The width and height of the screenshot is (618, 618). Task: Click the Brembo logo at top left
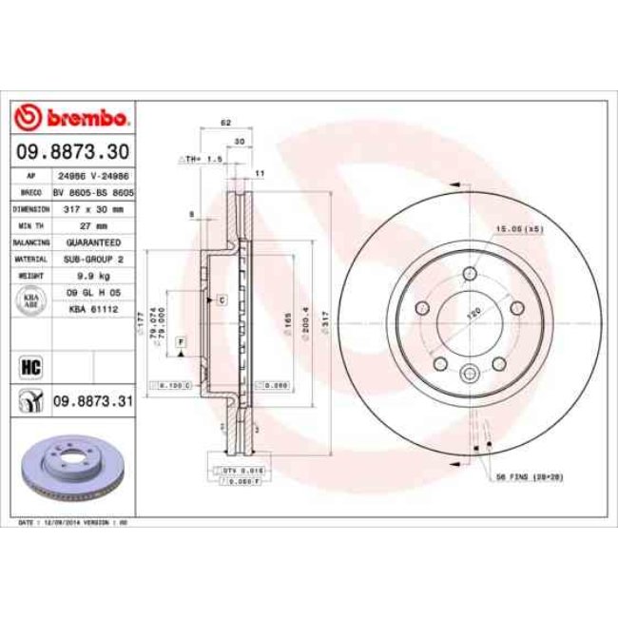point(72,118)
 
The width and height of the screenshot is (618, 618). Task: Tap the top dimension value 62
point(225,125)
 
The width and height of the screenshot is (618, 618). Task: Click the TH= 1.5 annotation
point(201,159)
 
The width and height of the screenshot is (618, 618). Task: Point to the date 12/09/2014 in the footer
point(60,523)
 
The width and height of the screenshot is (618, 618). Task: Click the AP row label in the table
point(30,176)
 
